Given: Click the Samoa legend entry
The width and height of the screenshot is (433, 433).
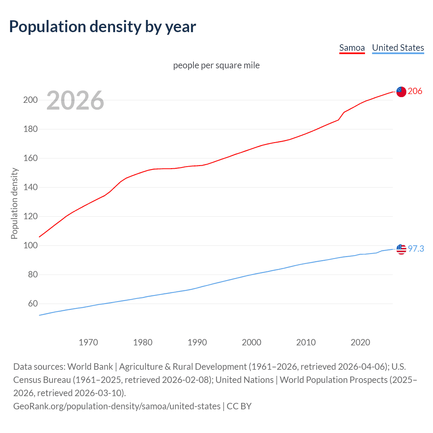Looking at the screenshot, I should [352, 48].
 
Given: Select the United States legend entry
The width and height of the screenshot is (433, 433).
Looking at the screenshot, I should [398, 48].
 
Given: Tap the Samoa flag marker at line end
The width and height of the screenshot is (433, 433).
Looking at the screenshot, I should [401, 92].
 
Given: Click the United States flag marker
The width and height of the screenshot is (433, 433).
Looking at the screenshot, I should [401, 249].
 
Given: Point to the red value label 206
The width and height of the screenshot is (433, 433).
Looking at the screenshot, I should [415, 91].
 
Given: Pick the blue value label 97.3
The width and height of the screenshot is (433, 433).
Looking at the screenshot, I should [416, 249].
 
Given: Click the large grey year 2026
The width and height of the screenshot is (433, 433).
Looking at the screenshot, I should [75, 100].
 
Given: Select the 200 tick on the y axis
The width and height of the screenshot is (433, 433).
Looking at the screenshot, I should [30, 100].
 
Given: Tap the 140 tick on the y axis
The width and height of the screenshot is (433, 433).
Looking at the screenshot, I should [30, 187].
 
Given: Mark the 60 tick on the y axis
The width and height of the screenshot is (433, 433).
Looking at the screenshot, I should [33, 304].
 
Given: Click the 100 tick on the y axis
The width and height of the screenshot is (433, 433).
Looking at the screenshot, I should [30, 246].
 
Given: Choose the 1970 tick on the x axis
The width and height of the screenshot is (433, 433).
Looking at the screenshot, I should [88, 342].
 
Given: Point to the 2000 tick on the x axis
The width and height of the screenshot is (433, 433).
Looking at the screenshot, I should [252, 342].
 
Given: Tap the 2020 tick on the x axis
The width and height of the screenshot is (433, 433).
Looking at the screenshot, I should [360, 342].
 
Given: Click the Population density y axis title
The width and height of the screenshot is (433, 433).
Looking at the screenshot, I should [14, 204].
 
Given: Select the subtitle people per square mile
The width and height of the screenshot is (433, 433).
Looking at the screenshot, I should [216, 65].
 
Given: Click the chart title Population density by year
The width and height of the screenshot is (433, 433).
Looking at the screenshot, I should [102, 27].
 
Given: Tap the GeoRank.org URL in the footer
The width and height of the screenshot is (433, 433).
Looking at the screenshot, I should [117, 406].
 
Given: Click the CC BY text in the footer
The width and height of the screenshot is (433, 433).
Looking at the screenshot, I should [239, 406].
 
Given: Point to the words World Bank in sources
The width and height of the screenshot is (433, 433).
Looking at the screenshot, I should [90, 367].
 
